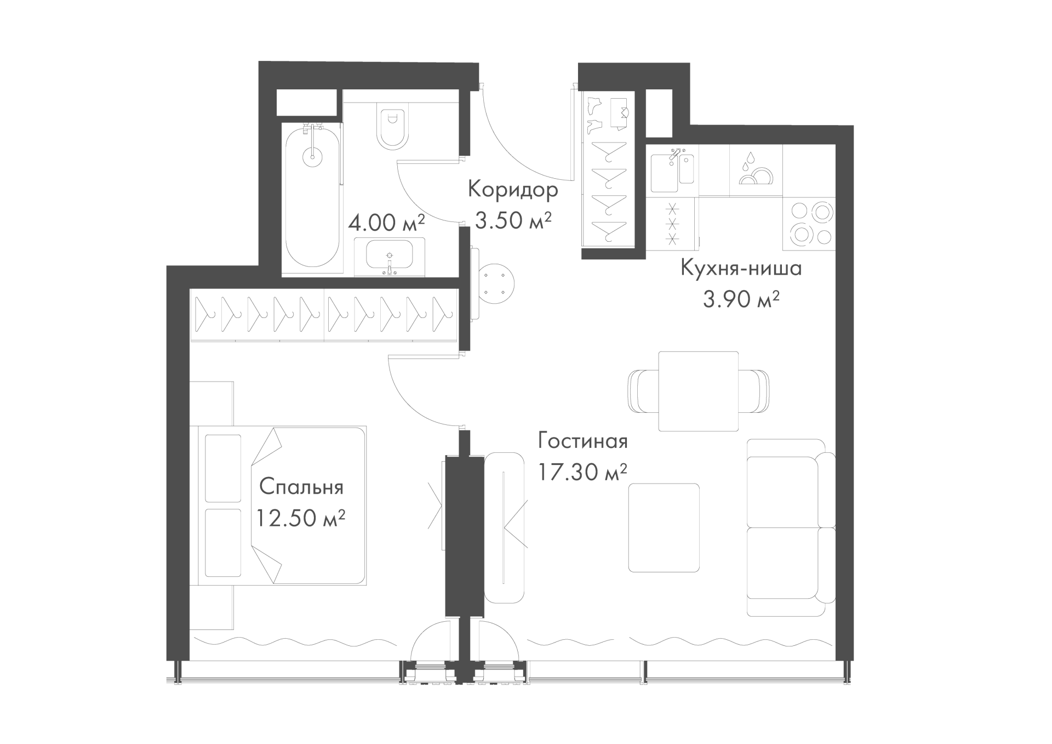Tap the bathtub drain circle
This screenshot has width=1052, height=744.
coord(312,156)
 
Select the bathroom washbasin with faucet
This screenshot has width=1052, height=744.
coord(390,257)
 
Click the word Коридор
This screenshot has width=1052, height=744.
coord(513,190)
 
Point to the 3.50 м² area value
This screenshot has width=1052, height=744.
coord(513,221)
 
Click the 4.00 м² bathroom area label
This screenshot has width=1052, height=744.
coord(387,222)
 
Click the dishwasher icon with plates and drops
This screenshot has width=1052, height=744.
coord(756,170)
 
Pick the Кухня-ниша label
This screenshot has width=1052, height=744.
coord(741,269)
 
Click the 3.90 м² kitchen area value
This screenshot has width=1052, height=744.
coord(741,299)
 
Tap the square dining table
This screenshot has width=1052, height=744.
coord(698,391)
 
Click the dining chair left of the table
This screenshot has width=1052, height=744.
coord(643,391)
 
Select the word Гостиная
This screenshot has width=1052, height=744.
coord(583,441)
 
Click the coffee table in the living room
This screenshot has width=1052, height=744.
coord(664,527)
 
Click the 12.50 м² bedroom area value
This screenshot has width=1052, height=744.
coord(301,518)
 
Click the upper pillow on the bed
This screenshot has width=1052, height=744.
coord(223,468)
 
